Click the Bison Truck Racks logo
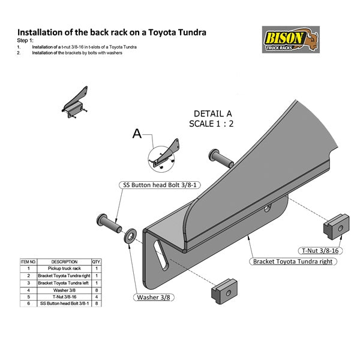(292, 39)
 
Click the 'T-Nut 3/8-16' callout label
(322, 250)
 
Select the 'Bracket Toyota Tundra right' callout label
(292, 262)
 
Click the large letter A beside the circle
(137, 134)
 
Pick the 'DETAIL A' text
(212, 113)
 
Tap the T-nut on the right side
(335, 226)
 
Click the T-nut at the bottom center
(224, 292)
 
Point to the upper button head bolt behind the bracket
(220, 157)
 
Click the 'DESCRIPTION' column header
(64, 262)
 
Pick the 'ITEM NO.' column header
(29, 262)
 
